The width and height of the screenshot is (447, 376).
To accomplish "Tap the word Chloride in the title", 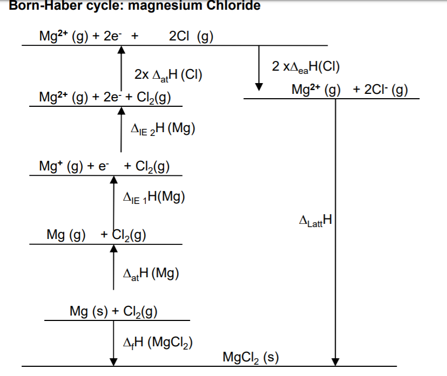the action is coord(233,5).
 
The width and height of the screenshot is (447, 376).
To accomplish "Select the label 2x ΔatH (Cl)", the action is coord(168,75).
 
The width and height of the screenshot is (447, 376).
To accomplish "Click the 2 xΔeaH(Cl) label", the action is coord(306,67).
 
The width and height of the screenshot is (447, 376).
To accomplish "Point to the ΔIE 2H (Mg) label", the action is coord(163,129).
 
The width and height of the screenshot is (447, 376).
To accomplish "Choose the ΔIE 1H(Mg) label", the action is coord(154,197).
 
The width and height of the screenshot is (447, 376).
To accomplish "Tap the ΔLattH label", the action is coord(316,220).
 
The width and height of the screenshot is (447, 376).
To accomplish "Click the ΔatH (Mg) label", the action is coord(151,274).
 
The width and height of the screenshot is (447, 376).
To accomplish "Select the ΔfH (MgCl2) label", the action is coord(158,342).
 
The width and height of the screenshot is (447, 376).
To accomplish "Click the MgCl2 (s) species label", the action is coord(250,357).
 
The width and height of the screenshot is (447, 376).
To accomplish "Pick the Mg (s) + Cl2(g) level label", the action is coord(113,311).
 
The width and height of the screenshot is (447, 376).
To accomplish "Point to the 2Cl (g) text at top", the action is coord(191,37).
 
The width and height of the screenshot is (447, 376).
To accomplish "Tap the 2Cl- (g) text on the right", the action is coord(386,90).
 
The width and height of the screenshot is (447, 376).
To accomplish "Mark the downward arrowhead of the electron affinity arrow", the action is coord(259,87).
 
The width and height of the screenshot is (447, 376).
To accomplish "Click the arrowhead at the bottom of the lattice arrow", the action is coord(336,362).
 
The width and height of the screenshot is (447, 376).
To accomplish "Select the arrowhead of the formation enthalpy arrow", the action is coord(113,362).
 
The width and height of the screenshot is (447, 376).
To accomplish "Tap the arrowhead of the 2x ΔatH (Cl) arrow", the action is coord(121,50).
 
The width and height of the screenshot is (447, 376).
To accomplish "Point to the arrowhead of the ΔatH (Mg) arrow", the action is coord(114,248).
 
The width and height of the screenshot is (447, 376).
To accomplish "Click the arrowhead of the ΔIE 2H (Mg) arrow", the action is coord(121,111).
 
